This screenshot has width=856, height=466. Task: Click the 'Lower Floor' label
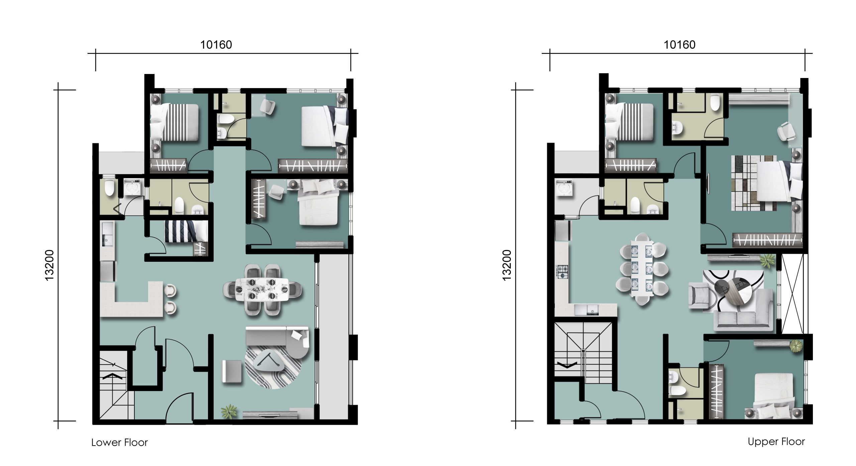click(x=119, y=443)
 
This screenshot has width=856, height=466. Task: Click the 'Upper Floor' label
click(x=776, y=442)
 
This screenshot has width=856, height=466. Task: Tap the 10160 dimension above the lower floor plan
click(x=216, y=45)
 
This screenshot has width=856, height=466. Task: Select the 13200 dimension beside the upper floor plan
click(x=507, y=265)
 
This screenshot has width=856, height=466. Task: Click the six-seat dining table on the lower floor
click(x=262, y=289)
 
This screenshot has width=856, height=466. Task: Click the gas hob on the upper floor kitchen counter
click(x=561, y=271)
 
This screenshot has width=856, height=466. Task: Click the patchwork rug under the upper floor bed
click(x=754, y=183)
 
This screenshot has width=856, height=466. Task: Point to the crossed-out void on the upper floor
click(x=792, y=293)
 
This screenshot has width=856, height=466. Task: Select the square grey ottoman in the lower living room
click(x=232, y=371)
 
